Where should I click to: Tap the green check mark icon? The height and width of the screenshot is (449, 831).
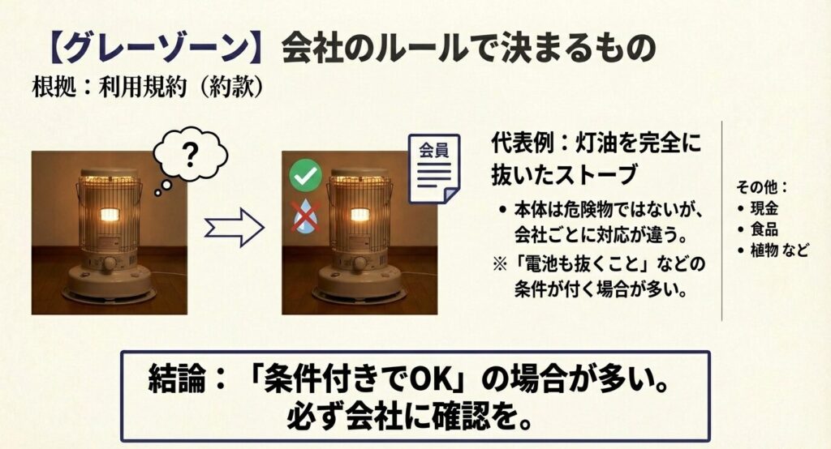(x=306, y=175)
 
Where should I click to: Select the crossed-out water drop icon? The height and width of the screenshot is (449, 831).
(x=306, y=217)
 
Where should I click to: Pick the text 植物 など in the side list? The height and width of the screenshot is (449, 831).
(x=779, y=250)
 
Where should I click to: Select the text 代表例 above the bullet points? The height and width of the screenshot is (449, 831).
(x=521, y=147)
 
